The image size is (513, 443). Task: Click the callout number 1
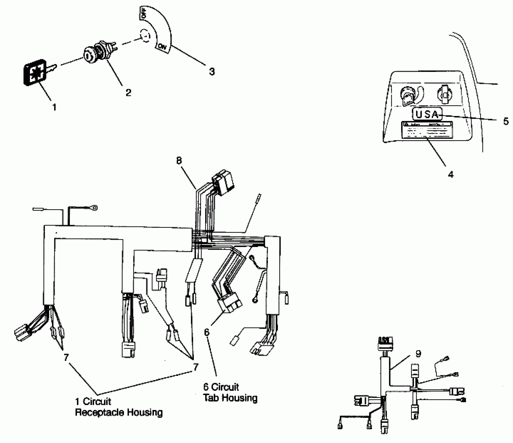(x=54, y=107)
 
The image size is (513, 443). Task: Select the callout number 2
(x=128, y=92)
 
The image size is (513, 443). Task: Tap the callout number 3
(x=212, y=71)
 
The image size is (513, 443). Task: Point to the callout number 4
(x=451, y=174)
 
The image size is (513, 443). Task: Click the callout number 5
(x=506, y=121)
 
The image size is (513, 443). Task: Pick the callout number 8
(x=179, y=161)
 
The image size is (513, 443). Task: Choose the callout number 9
(x=418, y=354)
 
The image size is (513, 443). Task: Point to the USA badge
(x=427, y=114)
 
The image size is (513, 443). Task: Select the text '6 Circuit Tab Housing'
(x=230, y=392)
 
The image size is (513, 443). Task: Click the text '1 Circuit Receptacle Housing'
(x=119, y=407)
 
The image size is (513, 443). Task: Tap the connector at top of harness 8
(x=223, y=182)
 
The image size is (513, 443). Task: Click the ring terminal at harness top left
(x=94, y=208)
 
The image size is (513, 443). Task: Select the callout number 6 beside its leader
(x=207, y=332)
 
